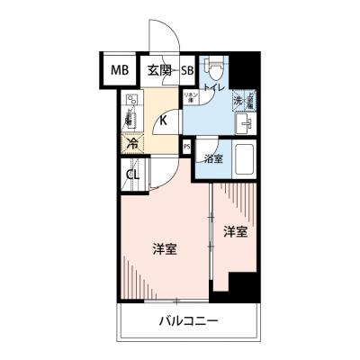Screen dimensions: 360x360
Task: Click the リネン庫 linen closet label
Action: click(191, 98)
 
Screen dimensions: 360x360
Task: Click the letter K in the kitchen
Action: click(164, 119)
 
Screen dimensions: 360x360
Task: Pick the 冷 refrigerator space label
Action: click(132, 142)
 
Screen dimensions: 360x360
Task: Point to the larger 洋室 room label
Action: click(165, 247)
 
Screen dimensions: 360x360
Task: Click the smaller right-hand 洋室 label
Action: click(236, 231)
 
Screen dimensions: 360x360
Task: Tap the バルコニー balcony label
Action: click(190, 320)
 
